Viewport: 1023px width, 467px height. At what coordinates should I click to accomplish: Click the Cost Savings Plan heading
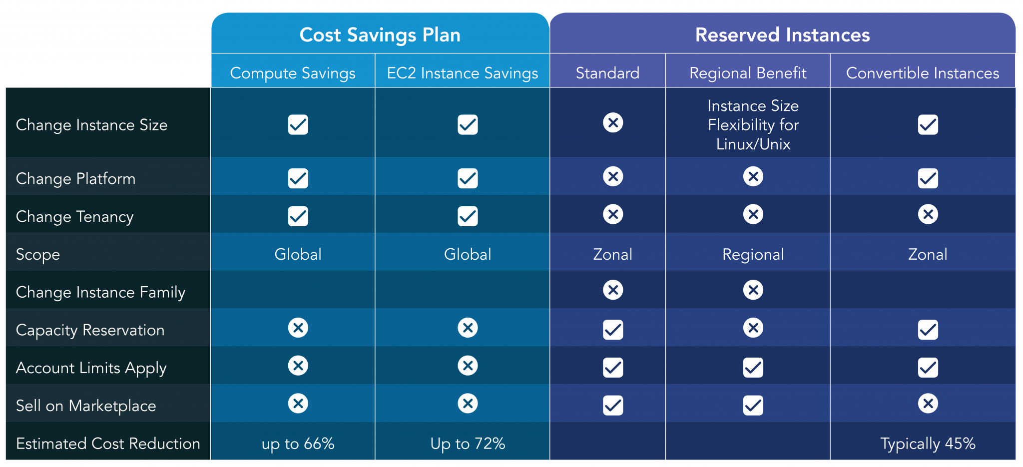click(x=380, y=35)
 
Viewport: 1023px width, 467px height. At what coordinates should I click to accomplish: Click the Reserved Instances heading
click(x=782, y=35)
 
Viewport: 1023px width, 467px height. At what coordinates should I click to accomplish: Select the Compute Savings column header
click(x=293, y=73)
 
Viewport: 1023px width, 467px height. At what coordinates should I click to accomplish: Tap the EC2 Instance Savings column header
click(x=463, y=73)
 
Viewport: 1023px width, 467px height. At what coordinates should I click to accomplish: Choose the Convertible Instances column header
click(x=923, y=73)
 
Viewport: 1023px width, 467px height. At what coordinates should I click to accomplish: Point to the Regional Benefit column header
click(x=748, y=73)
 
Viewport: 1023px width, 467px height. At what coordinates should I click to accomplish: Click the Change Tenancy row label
click(x=75, y=217)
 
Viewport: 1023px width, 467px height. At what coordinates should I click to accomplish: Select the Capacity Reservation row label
click(x=90, y=330)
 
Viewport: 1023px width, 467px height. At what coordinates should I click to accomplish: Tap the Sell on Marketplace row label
click(x=86, y=406)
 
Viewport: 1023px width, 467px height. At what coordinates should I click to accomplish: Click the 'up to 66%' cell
click(x=298, y=444)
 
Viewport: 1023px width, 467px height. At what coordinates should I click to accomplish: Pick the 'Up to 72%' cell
click(x=468, y=444)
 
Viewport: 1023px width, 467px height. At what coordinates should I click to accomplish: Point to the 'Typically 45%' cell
click(x=928, y=444)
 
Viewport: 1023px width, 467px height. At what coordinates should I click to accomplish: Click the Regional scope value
click(x=753, y=255)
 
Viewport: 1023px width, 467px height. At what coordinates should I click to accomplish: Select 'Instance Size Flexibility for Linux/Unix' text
click(x=753, y=125)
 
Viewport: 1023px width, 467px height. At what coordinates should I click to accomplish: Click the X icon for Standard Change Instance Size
click(x=613, y=122)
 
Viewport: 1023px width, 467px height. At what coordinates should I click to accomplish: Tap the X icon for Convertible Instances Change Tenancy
click(x=928, y=214)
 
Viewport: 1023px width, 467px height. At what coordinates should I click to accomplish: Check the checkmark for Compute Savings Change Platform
click(x=298, y=178)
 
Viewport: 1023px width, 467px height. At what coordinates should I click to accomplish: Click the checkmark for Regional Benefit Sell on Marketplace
click(x=753, y=405)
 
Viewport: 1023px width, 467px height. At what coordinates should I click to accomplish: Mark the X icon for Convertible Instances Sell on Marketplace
click(x=928, y=403)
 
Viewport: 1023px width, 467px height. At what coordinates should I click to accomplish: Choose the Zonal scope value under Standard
click(x=612, y=255)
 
